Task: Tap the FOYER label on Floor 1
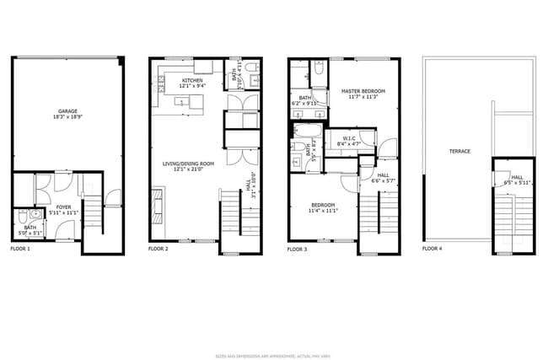coord(63,206)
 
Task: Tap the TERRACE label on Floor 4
coord(459,151)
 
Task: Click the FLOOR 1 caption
coord(19,250)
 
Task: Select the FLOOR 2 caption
coord(158,250)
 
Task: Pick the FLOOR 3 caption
coord(298,250)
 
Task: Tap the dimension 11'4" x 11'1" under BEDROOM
coord(323,211)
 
